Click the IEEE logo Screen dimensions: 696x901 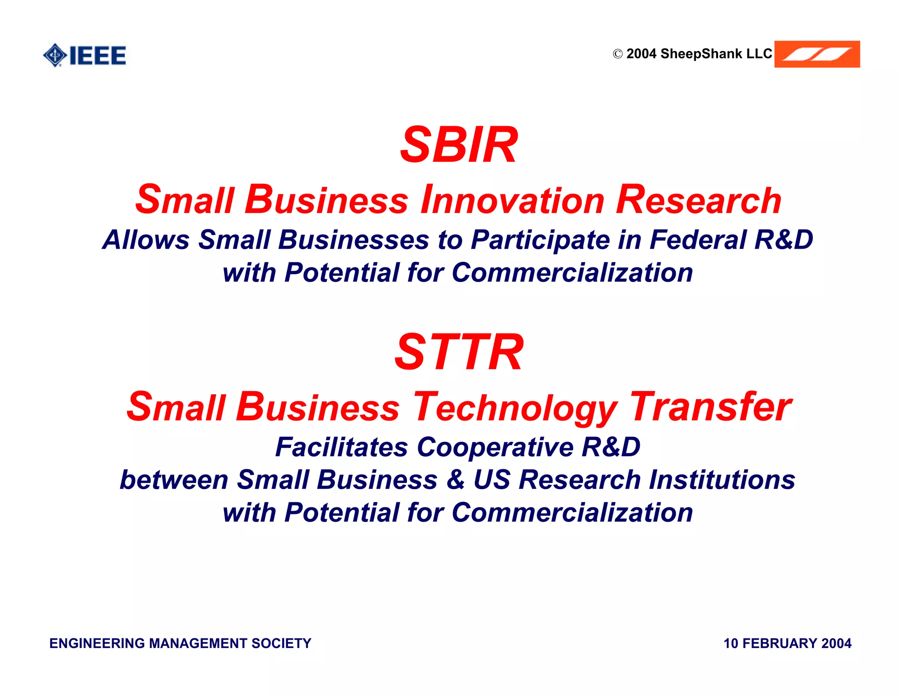click(84, 55)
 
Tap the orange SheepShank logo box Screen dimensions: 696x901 click(817, 54)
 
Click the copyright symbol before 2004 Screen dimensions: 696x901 click(618, 54)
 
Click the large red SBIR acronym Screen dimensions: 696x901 click(459, 145)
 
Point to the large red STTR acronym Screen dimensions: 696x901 click(459, 352)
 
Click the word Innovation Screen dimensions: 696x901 click(513, 200)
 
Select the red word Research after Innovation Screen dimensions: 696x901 click(698, 200)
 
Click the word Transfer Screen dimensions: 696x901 click(711, 407)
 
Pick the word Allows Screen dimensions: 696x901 click(146, 240)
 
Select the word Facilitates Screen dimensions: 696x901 click(341, 447)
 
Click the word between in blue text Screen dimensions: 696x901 click(174, 480)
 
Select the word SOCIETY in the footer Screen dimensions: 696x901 click(281, 643)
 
